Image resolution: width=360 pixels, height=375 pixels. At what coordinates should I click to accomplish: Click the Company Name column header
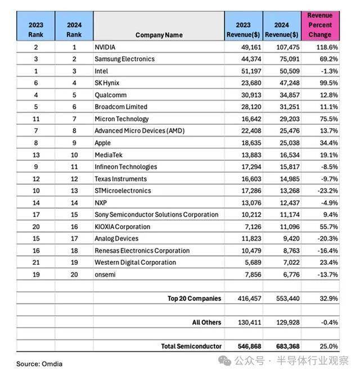tap(159, 35)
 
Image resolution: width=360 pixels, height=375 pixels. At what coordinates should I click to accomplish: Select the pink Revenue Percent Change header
tap(319, 25)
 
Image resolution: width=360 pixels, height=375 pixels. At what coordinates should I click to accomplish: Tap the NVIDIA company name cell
tap(105, 47)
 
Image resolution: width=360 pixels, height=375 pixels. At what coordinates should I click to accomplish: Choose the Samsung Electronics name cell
tap(124, 59)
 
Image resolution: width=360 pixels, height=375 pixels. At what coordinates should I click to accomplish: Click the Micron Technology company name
tap(121, 119)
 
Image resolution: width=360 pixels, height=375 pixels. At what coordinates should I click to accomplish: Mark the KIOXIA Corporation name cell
tap(122, 227)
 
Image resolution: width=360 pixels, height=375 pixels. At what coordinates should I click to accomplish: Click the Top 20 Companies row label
tap(194, 299)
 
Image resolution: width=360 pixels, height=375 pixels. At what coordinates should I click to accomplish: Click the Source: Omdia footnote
tap(39, 364)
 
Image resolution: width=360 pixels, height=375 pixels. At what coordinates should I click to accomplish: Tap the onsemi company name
tap(105, 274)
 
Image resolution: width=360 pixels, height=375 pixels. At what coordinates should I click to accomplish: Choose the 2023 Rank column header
tap(35, 30)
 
